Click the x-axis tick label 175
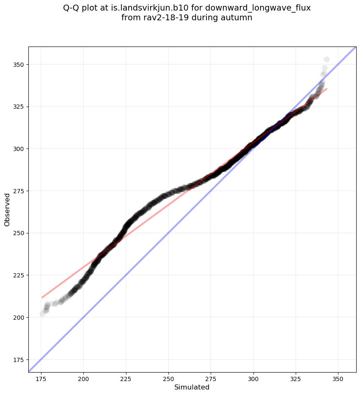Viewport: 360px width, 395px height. [x=41, y=378]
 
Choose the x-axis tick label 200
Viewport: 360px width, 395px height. [x=83, y=378]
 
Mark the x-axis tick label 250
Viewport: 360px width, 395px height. [x=168, y=378]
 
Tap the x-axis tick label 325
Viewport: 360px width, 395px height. [x=296, y=378]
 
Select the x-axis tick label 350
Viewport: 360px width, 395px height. [x=338, y=378]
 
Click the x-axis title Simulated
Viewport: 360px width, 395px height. [x=192, y=387]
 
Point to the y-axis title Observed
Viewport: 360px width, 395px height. [x=7, y=209]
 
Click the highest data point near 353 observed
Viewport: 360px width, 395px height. [x=327, y=60]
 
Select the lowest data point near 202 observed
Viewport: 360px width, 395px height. [x=42, y=314]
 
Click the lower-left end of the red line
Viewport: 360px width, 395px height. [x=42, y=297]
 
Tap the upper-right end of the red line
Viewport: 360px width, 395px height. [x=327, y=88]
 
